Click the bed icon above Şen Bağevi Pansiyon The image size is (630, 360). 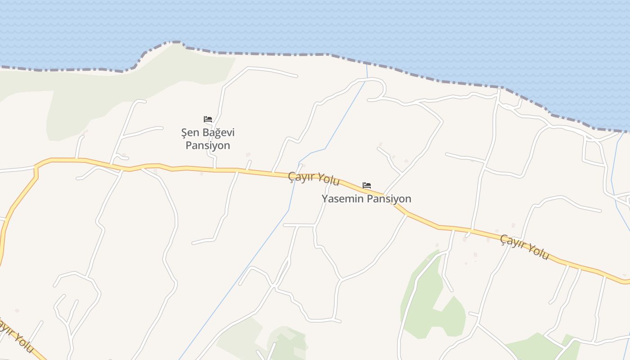[x=207, y=119]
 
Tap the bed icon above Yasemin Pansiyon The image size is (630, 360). [x=367, y=185]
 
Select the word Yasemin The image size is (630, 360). [x=340, y=198]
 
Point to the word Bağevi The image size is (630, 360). [x=218, y=133]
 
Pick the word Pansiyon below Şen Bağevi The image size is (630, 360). [x=208, y=145]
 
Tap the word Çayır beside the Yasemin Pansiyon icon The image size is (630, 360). [x=302, y=176]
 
